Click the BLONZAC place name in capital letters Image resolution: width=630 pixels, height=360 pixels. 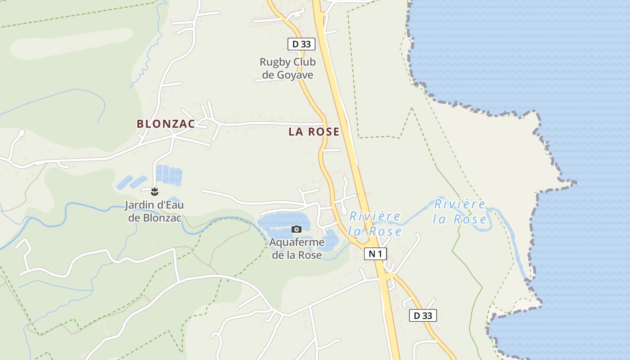click(166, 124)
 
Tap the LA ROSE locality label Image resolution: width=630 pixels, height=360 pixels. click(314, 132)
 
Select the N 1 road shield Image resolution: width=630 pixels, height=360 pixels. click(375, 254)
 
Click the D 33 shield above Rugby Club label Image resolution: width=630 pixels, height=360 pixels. click(301, 44)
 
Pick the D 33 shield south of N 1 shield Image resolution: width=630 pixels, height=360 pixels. click(423, 315)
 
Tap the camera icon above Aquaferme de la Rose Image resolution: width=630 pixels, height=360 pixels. click(296, 229)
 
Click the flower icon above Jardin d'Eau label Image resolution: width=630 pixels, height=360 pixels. click(154, 192)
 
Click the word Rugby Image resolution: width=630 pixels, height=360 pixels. click(275, 62)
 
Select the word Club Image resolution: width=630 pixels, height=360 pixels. click(304, 62)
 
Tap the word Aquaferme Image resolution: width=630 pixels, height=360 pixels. click(297, 243)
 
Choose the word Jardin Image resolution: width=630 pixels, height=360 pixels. click(139, 206)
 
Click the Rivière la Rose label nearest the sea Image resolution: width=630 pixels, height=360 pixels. click(459, 211)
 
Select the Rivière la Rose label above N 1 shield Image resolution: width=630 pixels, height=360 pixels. click(375, 224)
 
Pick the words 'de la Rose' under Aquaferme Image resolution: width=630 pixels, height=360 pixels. click(297, 255)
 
